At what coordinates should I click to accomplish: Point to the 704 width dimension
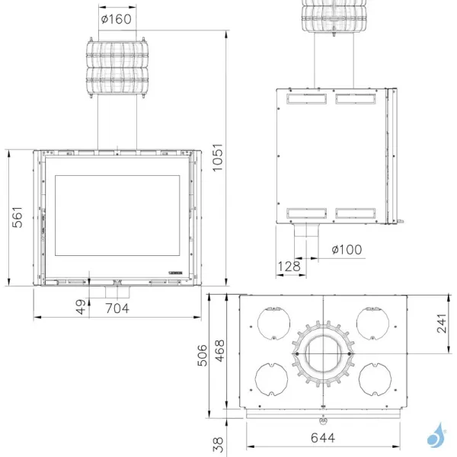point(117,308)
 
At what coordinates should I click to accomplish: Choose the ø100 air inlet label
point(347,249)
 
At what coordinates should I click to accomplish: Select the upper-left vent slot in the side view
point(307,98)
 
